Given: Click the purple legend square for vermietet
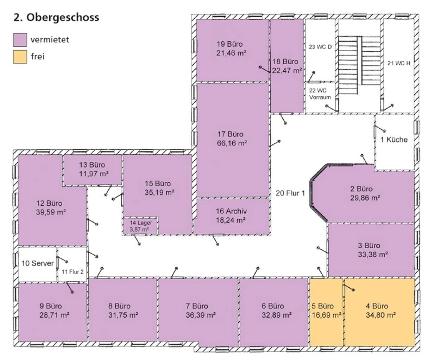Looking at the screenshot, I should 20,40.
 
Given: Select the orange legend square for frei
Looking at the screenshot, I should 20,57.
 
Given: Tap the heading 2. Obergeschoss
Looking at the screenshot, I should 56,17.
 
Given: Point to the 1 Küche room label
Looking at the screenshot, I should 394,140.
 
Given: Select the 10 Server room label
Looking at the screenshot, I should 37,263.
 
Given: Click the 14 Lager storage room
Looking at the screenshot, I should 140,226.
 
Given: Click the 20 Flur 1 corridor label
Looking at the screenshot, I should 290,193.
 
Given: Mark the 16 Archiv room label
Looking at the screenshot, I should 231,211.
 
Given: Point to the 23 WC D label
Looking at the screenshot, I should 320,47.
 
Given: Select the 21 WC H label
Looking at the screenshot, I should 399,63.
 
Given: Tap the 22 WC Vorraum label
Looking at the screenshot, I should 320,94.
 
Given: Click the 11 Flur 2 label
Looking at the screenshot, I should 72,272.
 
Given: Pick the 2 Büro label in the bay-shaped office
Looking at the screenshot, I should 361,189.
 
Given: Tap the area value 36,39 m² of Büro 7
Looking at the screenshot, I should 201,315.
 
